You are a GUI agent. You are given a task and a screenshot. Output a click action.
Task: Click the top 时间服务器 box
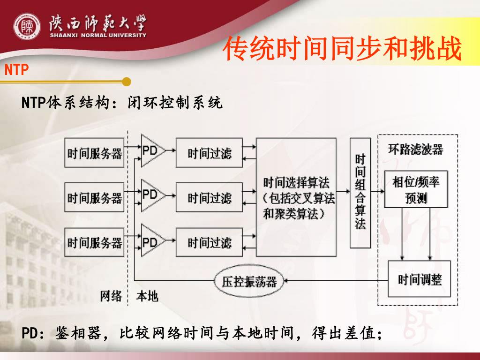click(95, 153)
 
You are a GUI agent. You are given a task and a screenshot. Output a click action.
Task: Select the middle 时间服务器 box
click(95, 197)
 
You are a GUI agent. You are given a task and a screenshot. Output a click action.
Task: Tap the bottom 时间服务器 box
click(95, 242)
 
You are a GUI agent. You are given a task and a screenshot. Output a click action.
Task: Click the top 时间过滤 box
click(210, 153)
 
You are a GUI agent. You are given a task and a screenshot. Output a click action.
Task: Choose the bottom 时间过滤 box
click(210, 242)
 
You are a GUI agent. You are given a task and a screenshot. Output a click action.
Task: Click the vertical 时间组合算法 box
click(360, 192)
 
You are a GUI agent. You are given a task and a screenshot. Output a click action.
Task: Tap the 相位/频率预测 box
click(416, 189)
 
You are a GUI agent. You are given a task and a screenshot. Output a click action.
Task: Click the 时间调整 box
click(419, 279)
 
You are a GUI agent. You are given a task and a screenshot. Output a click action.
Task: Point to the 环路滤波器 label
click(416, 150)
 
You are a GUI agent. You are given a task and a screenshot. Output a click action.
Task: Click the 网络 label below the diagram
click(111, 296)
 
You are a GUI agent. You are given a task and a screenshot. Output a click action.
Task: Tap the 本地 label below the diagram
click(147, 296)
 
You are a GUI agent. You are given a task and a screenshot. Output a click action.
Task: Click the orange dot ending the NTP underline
click(126, 82)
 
